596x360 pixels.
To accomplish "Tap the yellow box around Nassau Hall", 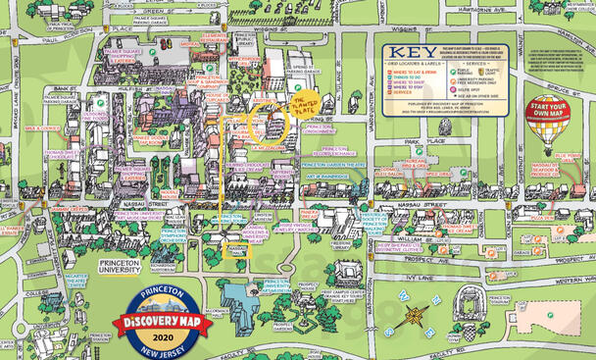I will click(x=236, y=251).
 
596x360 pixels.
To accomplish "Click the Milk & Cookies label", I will click(x=45, y=129).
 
